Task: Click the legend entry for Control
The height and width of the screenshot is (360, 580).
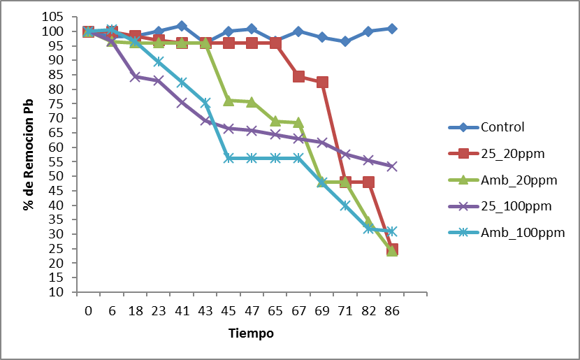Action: click(502, 127)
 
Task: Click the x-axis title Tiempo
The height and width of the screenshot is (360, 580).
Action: click(251, 333)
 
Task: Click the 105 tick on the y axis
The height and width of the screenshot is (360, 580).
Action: click(59, 17)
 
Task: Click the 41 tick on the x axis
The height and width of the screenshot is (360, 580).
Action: click(182, 312)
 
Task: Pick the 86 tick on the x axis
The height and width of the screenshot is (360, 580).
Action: click(392, 312)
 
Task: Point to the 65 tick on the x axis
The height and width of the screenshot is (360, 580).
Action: click(275, 312)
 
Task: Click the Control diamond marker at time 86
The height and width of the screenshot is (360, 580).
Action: click(392, 29)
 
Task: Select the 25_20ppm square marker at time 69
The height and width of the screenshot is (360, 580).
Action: click(322, 82)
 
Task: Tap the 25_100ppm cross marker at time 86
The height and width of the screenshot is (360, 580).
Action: click(392, 166)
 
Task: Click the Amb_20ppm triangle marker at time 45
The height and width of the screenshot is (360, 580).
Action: click(229, 101)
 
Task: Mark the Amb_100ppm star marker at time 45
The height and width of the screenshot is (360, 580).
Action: click(229, 158)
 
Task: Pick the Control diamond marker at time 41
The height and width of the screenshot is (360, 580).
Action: click(182, 26)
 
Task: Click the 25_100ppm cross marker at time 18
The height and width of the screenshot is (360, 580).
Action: click(135, 77)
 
